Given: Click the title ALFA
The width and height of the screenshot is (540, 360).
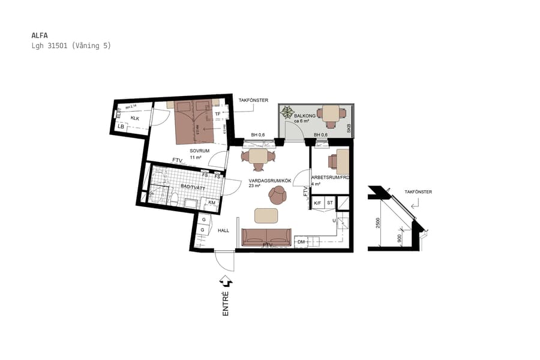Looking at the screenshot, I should coord(40,35).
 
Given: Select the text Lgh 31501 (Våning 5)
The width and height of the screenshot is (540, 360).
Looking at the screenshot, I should coord(71,46).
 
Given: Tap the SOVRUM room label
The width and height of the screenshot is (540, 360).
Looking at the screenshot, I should coord(199,151).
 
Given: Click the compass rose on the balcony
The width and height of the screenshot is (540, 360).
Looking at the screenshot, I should coord(288,112).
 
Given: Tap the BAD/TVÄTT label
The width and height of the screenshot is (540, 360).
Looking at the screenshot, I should coord(193,188).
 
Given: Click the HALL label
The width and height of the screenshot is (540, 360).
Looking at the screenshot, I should coord(223,230).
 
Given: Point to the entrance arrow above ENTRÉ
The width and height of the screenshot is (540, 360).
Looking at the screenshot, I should coord(226,280).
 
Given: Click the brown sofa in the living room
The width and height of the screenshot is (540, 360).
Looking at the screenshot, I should coord(266,237).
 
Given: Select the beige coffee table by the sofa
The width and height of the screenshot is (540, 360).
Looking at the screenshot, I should coord(267,215).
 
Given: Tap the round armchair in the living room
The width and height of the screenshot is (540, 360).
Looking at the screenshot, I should coord(278,194).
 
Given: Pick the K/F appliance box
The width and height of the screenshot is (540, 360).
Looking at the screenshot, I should coord(317,203).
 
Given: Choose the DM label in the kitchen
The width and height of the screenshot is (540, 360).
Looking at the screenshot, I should coord(301,242).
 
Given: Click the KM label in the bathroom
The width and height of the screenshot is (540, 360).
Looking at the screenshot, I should coord(212,203).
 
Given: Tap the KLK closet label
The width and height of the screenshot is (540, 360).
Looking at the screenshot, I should coord(135,118).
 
